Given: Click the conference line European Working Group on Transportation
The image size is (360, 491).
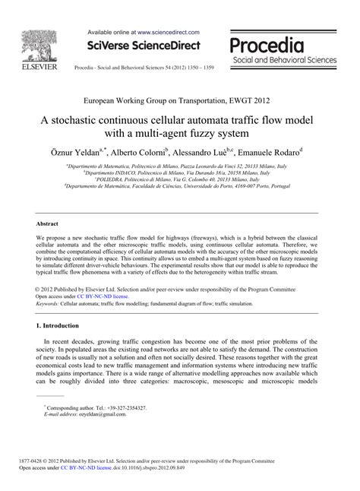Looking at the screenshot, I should [x=180, y=100].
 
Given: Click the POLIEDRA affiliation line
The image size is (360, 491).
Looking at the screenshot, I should [x=180, y=179].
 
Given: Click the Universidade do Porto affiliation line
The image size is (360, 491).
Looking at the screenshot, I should [x=180, y=187].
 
